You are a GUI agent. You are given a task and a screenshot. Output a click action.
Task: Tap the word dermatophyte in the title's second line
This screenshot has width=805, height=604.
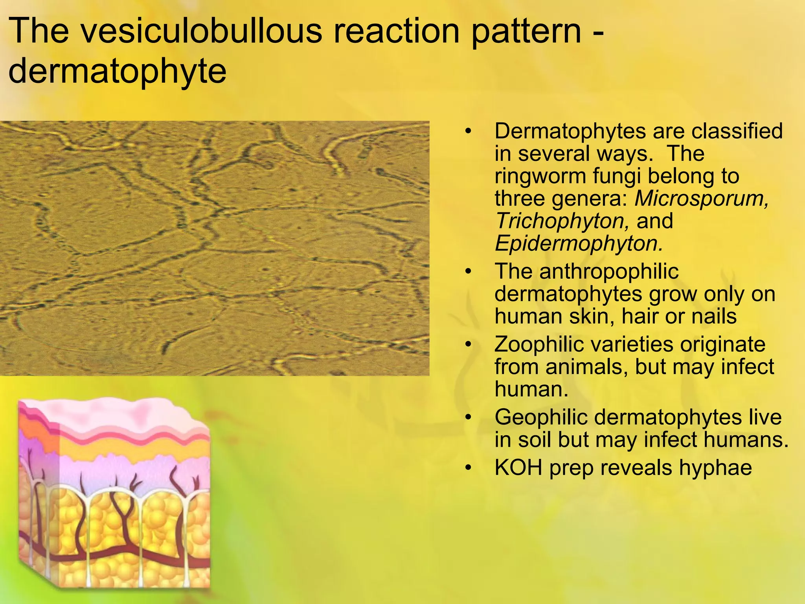tap(117, 72)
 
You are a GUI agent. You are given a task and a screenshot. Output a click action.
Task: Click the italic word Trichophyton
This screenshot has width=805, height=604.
tap(562, 221)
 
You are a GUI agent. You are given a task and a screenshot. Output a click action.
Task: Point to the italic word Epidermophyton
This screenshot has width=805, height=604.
tap(579, 243)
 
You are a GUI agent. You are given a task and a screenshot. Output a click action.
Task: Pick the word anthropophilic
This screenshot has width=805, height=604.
tap(609, 271)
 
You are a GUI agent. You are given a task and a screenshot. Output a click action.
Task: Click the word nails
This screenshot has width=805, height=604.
tap(713, 316)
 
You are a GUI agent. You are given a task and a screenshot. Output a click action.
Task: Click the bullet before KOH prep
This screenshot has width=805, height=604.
tap(468, 468)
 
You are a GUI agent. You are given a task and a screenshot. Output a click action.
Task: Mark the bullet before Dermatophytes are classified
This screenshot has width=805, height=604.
tap(468, 131)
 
